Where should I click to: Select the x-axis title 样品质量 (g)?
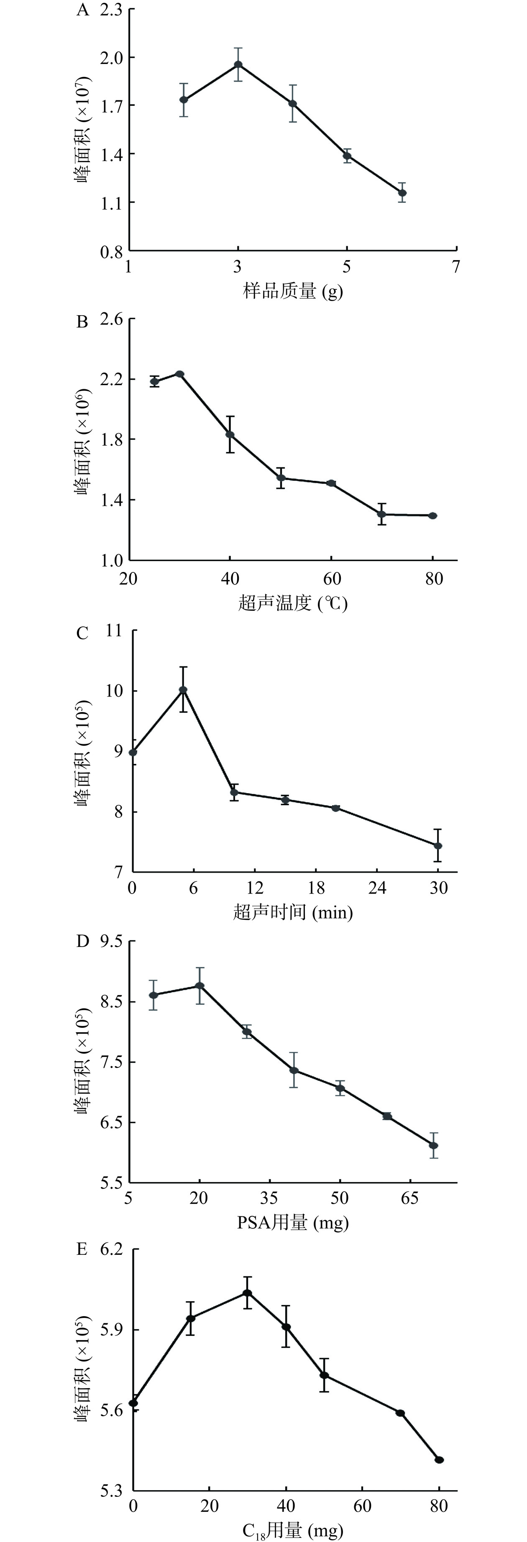tap(293, 291)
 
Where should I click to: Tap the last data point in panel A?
tap(402, 193)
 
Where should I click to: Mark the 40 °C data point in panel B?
tap(230, 434)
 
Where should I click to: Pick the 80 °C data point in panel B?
tap(433, 516)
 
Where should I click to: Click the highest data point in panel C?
tap(183, 690)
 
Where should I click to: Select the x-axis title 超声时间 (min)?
tap(293, 913)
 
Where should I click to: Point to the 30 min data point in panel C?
tap(438, 845)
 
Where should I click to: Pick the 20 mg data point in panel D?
tap(200, 986)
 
